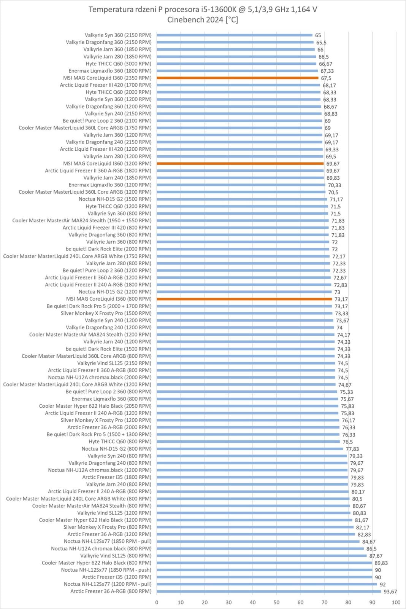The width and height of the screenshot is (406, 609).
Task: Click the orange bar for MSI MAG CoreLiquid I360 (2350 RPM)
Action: click(x=237, y=78)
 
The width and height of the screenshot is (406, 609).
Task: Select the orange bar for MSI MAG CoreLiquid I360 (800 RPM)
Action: click(x=244, y=299)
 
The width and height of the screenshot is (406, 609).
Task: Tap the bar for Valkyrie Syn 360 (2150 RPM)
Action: click(x=235, y=35)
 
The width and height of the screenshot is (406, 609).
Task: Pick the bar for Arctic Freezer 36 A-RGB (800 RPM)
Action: click(x=269, y=591)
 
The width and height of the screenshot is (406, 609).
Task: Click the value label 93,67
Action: click(x=390, y=591)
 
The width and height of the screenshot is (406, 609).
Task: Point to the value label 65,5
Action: click(x=321, y=43)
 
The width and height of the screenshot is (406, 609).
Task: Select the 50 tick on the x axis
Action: click(x=276, y=602)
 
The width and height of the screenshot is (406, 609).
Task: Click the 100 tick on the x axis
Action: click(x=396, y=602)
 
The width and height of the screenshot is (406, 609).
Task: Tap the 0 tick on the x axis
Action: click(x=157, y=602)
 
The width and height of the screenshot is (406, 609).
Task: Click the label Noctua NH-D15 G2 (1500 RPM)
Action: click(x=115, y=199)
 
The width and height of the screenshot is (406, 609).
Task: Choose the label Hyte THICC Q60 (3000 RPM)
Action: click(x=118, y=64)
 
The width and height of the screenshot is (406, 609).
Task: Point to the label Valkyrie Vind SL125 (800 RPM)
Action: click(x=116, y=556)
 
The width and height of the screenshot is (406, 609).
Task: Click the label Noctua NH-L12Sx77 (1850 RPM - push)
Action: click(x=106, y=570)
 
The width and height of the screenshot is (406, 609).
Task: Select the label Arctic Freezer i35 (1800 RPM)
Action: click(x=117, y=477)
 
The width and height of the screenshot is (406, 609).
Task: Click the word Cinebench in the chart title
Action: click(x=185, y=20)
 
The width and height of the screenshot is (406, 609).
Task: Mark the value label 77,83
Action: click(x=352, y=449)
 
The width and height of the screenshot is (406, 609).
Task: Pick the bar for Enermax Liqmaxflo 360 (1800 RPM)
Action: click(x=237, y=71)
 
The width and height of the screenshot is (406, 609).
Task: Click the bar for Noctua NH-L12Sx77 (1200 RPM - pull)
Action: click(x=267, y=584)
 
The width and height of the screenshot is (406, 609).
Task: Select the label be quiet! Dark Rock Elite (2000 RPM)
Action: click(x=108, y=249)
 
